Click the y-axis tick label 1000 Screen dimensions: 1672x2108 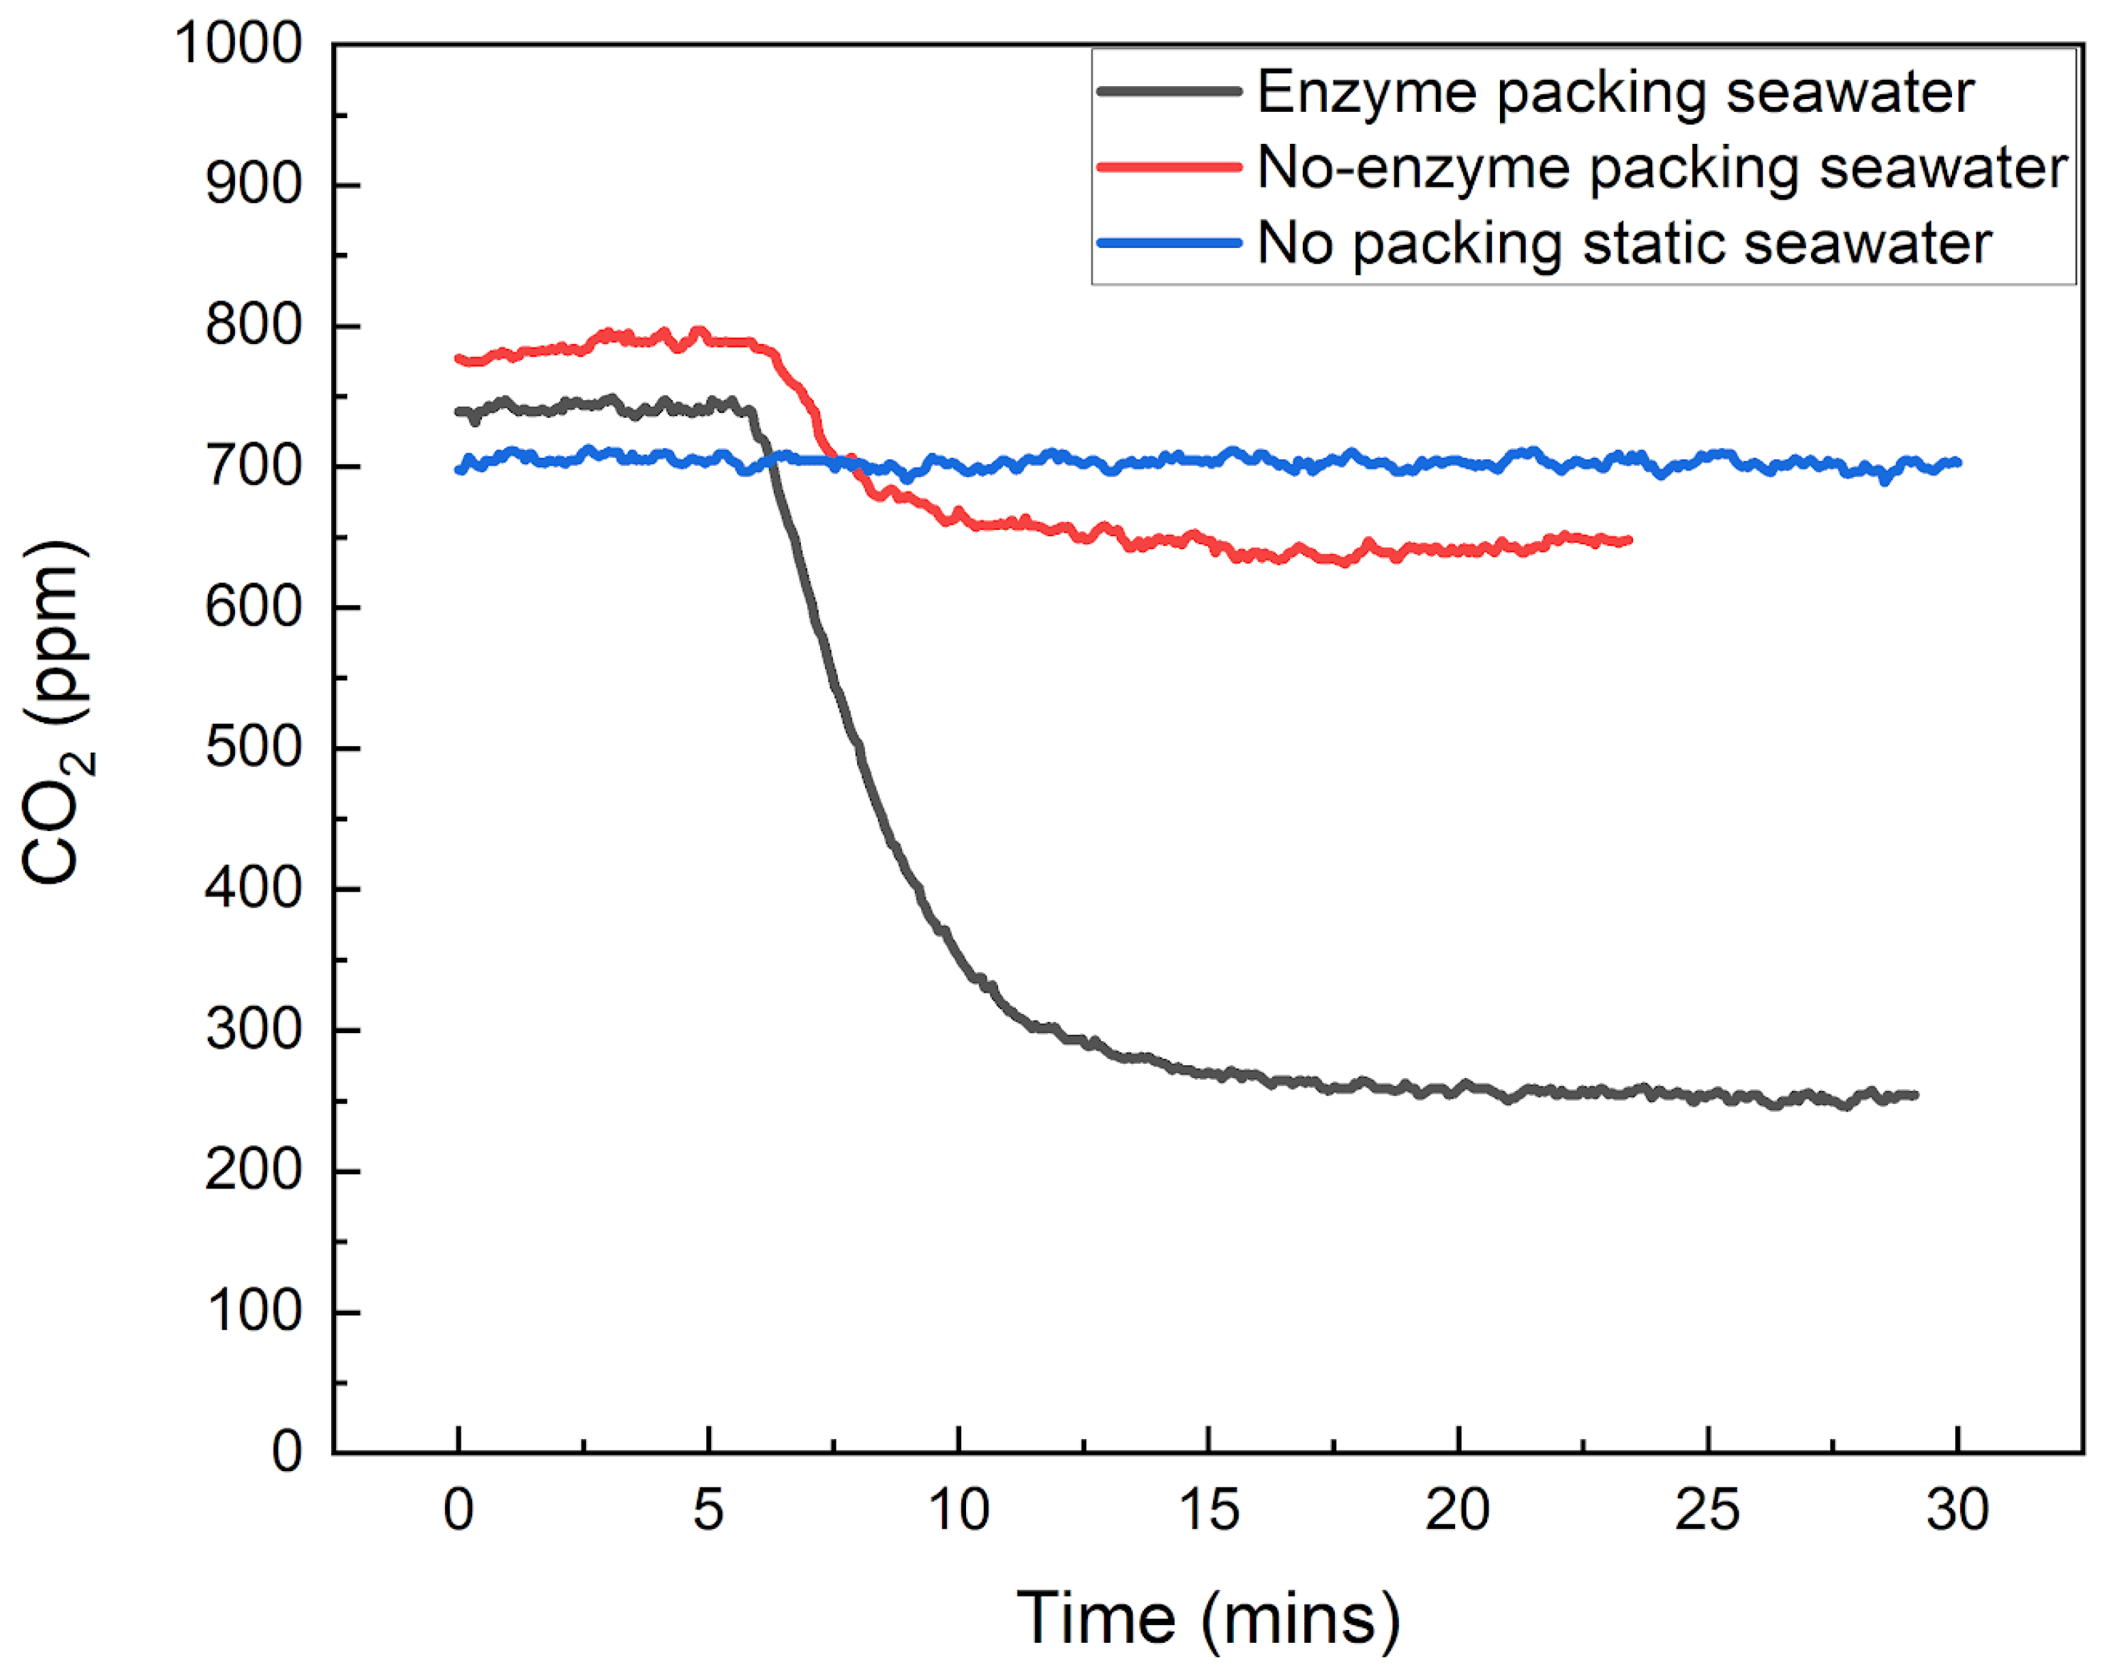[238, 44]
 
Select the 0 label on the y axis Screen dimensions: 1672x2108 [286, 1451]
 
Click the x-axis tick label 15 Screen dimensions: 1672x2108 [1208, 1510]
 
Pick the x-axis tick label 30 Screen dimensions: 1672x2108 [1958, 1510]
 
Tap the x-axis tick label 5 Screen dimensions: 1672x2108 [708, 1510]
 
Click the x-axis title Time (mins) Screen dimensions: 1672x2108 [1208, 1618]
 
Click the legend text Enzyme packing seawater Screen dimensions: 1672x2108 [1615, 92]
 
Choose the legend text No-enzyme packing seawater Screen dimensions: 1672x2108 [1662, 167]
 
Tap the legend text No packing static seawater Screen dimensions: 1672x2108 [1624, 243]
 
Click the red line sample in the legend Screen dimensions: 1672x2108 [1170, 167]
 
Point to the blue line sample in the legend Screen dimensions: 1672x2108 [1170, 243]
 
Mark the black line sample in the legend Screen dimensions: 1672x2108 [1170, 92]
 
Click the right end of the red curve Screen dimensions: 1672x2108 [1629, 540]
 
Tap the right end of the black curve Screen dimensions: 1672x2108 [1914, 1095]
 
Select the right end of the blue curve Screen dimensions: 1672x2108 [1958, 462]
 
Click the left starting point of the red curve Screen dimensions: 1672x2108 [458, 359]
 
